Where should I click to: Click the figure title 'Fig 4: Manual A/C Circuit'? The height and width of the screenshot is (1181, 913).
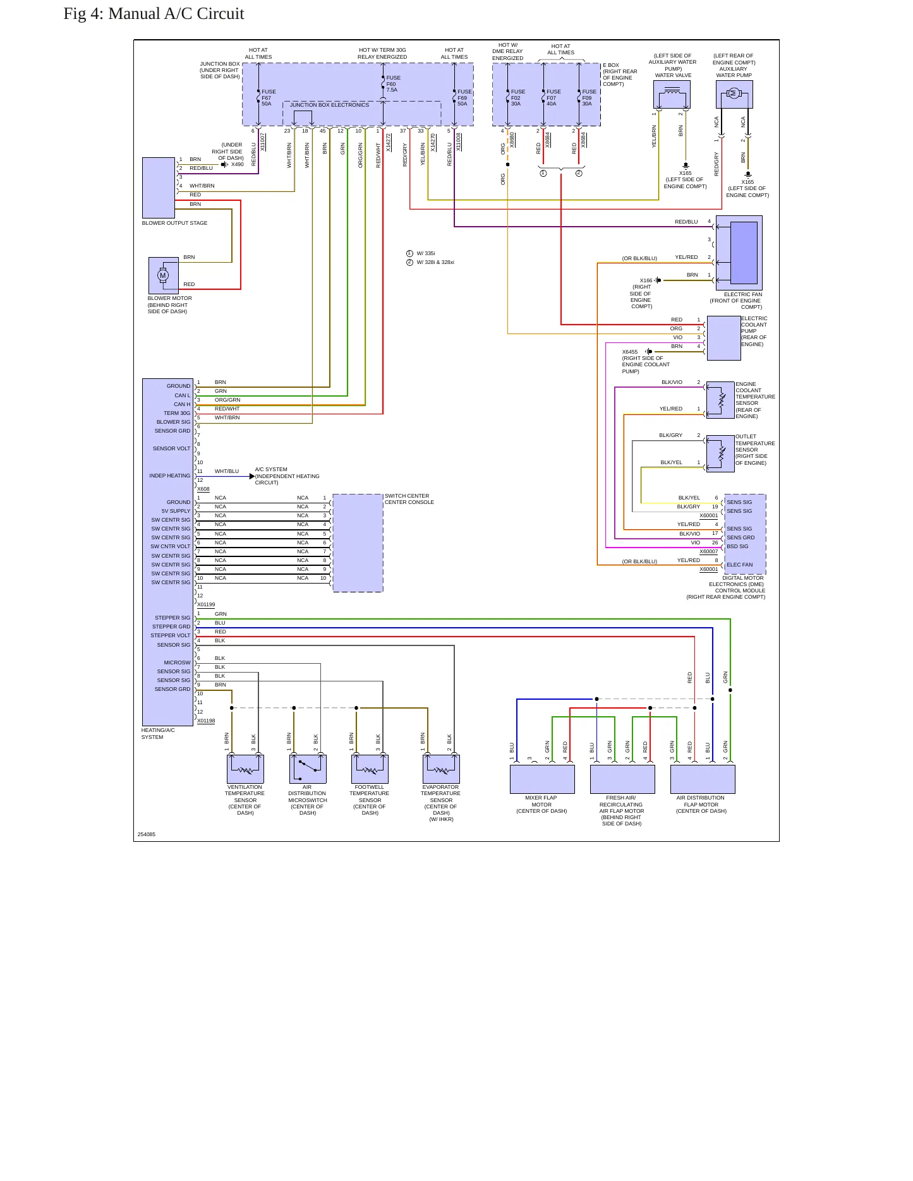[x=154, y=14]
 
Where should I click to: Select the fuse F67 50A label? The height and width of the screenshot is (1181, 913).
[x=269, y=98]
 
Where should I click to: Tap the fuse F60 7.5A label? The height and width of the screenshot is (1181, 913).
[x=393, y=84]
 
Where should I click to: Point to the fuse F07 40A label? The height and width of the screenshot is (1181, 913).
[x=553, y=98]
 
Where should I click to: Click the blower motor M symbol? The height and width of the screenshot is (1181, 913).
[x=163, y=275]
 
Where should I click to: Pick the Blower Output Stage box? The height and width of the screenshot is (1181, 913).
[x=159, y=188]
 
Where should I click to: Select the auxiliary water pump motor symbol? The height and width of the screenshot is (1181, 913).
[x=734, y=93]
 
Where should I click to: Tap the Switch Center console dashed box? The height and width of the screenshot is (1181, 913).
[x=358, y=543]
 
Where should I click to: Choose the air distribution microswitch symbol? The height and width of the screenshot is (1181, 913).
[x=308, y=769]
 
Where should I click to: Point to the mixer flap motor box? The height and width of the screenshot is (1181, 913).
[x=542, y=779]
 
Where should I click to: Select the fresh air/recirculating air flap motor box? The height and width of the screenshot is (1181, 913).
[x=622, y=779]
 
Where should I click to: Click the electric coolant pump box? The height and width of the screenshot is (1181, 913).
[x=723, y=338]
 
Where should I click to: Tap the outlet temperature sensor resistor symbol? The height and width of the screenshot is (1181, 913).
[x=720, y=453]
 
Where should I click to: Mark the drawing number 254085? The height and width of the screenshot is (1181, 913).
[x=147, y=834]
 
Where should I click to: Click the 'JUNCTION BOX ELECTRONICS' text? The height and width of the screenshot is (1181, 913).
[x=329, y=105]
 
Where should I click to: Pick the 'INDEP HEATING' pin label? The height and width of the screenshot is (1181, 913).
[x=169, y=476]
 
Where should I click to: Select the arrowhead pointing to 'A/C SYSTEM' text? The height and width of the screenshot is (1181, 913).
[x=252, y=476]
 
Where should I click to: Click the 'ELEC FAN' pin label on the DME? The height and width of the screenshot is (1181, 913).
[x=739, y=565]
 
